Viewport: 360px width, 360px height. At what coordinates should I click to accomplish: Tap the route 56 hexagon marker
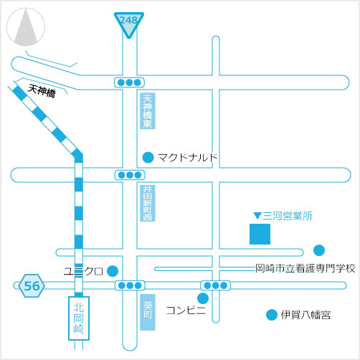coord(32,286)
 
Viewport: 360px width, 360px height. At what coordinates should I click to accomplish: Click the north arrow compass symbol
coord(26,27)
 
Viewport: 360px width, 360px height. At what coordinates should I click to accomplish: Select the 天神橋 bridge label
coord(42,91)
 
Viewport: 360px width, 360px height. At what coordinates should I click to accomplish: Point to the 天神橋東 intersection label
coord(148,111)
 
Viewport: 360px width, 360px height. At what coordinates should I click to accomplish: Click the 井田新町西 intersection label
coord(148,203)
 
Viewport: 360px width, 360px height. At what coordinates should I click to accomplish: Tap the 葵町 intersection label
coord(148,312)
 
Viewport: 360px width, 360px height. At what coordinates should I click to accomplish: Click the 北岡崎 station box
coord(79,318)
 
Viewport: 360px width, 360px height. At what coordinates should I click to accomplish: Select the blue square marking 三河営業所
coord(260,234)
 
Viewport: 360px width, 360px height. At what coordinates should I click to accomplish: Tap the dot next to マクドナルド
coord(148,158)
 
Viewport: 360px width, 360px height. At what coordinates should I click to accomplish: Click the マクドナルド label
coord(188,158)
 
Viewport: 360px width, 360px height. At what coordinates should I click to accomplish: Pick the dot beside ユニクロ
coord(113,271)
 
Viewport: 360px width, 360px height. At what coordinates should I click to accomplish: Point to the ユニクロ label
coord(83,271)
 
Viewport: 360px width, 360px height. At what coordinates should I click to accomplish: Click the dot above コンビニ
coord(203,298)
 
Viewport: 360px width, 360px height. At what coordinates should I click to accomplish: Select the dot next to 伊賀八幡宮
coord(272,315)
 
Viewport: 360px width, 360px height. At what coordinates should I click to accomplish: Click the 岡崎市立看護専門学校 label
coord(305,268)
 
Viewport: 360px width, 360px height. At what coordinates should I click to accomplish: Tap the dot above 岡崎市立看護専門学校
coord(319,250)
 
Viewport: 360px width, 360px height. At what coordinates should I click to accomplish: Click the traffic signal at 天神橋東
coord(129,82)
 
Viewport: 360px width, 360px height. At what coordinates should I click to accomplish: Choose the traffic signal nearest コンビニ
coord(215,285)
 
